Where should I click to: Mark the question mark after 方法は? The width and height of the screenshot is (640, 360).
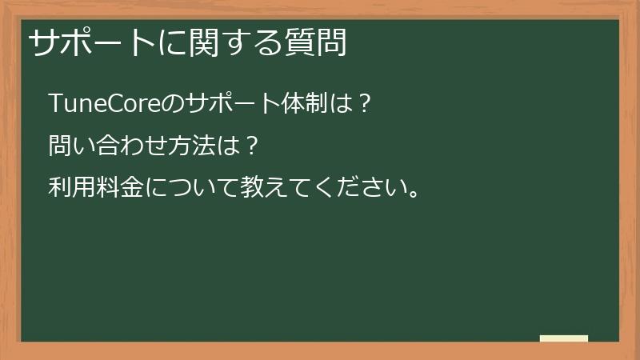click(x=251, y=146)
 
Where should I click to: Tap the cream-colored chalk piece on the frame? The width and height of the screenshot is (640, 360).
click(x=564, y=338)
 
